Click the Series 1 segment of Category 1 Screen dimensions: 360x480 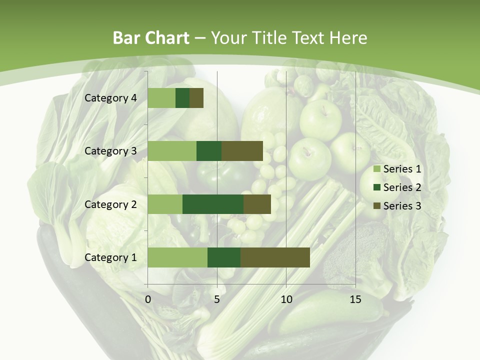[177, 257]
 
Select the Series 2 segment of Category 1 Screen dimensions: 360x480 [224, 257]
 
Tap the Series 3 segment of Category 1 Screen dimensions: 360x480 [275, 257]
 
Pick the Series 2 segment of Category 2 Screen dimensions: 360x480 [213, 204]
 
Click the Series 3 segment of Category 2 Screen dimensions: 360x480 [257, 204]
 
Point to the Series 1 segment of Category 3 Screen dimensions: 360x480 [172, 151]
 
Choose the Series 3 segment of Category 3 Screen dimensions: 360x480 [242, 151]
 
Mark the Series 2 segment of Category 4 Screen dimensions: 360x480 [182, 98]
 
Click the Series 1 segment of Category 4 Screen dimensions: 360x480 [161, 98]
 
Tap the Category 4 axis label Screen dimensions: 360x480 [110, 98]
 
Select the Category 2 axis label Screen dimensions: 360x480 [110, 204]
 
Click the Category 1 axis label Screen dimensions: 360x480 [110, 257]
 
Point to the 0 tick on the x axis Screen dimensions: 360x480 [148, 299]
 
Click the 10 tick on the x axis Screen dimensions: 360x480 [286, 299]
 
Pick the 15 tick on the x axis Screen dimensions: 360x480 [355, 299]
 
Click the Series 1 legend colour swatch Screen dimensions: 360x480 [377, 169]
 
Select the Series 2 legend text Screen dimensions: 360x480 [402, 187]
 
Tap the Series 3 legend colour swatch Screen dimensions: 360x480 [377, 206]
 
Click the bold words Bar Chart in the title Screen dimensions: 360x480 [151, 38]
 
